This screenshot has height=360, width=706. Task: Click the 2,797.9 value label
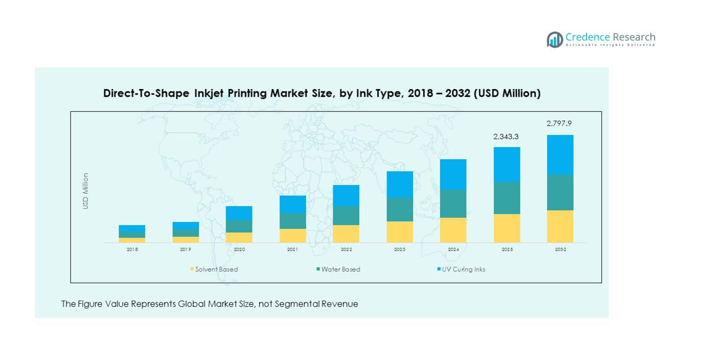pos(559,124)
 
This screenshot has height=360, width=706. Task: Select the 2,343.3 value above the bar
pos(506,136)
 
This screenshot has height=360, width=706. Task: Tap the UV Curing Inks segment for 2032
pos(560,155)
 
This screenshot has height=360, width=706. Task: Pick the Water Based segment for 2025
pos(507,197)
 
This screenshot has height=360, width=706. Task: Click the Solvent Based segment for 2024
pos(453,229)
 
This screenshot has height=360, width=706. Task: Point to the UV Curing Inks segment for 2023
pos(400,184)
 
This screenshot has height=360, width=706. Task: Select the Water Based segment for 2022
pos(346,215)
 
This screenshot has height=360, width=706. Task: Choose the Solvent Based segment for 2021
pos(293,235)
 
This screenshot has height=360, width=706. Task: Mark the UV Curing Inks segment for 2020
pos(239,213)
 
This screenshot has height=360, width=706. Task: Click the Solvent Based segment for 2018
pos(132,240)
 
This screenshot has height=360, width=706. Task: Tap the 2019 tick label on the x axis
pos(185,249)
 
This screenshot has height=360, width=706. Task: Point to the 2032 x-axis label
pos(560,249)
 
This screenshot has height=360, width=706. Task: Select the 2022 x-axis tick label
pos(346,249)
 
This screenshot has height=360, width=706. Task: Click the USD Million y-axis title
pos(86,191)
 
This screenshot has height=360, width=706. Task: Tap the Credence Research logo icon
pos(555,40)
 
